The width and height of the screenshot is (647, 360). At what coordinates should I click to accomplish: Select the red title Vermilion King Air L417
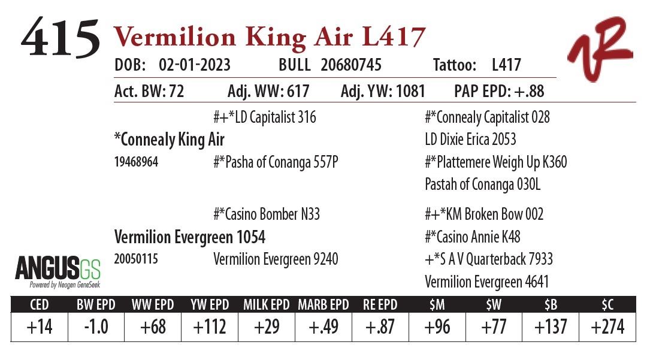[269, 37]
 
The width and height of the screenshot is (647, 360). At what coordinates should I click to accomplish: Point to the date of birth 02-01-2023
[195, 65]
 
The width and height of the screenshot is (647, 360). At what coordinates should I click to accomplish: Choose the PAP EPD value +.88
[529, 92]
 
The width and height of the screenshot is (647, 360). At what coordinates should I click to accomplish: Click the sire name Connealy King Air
[170, 140]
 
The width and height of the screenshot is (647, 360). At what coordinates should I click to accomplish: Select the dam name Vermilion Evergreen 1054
[189, 237]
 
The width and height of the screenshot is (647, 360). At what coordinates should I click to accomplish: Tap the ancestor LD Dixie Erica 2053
[470, 140]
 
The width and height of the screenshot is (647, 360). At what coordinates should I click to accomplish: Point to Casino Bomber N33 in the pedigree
[267, 214]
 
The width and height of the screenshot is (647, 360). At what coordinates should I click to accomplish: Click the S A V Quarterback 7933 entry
[489, 259]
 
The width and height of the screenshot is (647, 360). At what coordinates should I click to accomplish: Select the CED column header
[39, 304]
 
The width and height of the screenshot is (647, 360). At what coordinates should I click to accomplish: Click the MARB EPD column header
[323, 304]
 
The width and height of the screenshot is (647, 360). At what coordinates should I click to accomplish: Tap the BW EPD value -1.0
[96, 327]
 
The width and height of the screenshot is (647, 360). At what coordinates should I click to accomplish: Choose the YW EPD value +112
[210, 327]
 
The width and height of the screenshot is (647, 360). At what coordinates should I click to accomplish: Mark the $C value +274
[607, 327]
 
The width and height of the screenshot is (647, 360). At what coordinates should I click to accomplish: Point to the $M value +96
[437, 327]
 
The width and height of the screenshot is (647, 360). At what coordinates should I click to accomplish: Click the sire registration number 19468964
[136, 162]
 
